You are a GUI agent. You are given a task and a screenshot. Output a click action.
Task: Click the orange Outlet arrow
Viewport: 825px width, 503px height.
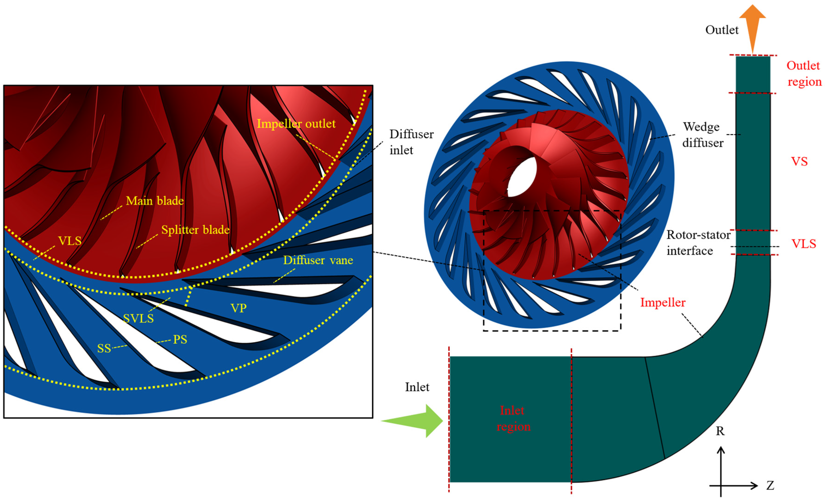[x=752, y=25]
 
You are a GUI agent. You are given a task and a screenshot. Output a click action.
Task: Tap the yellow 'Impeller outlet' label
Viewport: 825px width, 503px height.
[x=296, y=124]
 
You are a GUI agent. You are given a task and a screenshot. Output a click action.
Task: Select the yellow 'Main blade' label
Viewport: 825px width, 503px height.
[x=155, y=201]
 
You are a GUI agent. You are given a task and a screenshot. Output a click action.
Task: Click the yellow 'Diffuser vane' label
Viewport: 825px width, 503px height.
[x=318, y=260]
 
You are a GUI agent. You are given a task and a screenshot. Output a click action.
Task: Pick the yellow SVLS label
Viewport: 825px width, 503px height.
[x=138, y=318]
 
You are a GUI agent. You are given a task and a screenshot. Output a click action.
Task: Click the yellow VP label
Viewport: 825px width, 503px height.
[x=238, y=308]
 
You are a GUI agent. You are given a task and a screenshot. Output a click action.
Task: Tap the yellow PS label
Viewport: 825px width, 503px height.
[x=180, y=340]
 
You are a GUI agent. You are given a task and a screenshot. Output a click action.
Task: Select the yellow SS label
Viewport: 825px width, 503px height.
[x=104, y=349]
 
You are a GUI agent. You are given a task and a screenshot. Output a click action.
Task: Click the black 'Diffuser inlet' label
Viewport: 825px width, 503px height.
[x=411, y=142]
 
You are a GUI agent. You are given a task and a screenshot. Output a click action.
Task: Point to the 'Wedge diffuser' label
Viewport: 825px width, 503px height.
[x=702, y=135]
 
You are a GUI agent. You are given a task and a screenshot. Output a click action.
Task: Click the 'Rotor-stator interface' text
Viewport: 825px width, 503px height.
[x=698, y=243]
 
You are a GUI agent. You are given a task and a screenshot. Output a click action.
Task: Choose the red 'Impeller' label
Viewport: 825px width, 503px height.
[x=663, y=302]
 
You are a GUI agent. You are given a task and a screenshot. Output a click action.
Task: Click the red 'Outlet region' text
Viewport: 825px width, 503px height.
[x=804, y=73]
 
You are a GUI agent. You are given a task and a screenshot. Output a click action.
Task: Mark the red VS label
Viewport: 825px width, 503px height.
[x=799, y=162]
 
